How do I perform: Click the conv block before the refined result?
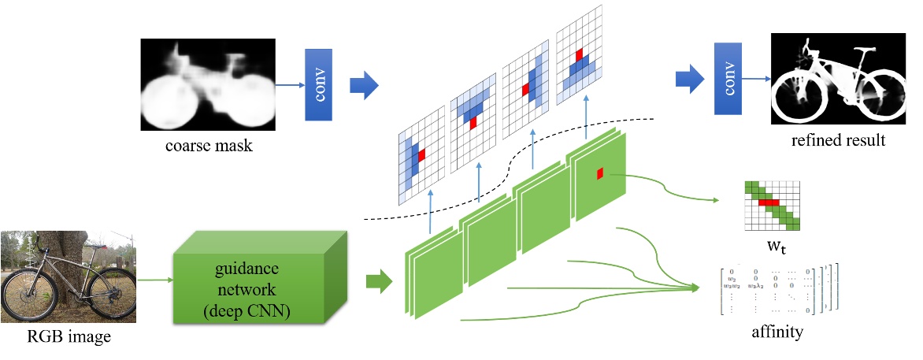(x=728, y=79)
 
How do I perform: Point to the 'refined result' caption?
(x=837, y=141)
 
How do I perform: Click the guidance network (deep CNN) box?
(x=260, y=279)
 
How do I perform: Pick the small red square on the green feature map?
(x=600, y=173)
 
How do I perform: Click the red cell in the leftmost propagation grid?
(x=422, y=155)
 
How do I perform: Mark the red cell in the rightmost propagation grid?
(x=579, y=54)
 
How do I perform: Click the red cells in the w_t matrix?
(x=769, y=202)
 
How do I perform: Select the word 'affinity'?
(x=777, y=332)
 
